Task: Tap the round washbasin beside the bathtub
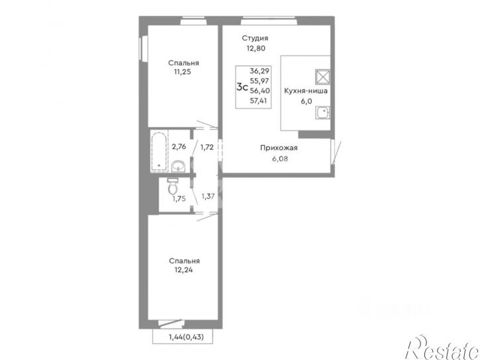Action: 178,166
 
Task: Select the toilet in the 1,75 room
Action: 173,187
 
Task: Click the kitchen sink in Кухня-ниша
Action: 322,113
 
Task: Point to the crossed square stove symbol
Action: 322,77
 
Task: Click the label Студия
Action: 255,38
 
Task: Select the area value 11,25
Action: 183,72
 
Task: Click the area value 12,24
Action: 184,270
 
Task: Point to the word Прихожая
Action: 279,148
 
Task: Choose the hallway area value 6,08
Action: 279,159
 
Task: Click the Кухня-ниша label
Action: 305,91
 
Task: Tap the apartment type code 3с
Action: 242,87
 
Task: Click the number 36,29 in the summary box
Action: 260,71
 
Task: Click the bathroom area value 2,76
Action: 179,147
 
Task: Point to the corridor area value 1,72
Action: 207,147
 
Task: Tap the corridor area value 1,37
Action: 207,196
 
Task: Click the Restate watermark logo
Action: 442,348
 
